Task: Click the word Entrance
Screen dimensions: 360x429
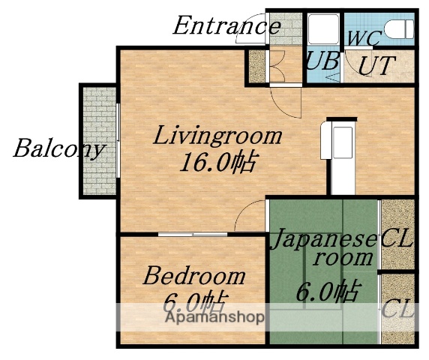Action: coord(226,27)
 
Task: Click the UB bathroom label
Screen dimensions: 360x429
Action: coord(323,61)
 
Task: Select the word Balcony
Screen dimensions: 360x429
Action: coord(58,148)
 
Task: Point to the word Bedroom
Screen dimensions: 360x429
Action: coord(194,275)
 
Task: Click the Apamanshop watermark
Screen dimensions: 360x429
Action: coord(214,317)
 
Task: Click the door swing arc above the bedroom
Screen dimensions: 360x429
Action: coord(245,219)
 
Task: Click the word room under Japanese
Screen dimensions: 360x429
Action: coord(343,258)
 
